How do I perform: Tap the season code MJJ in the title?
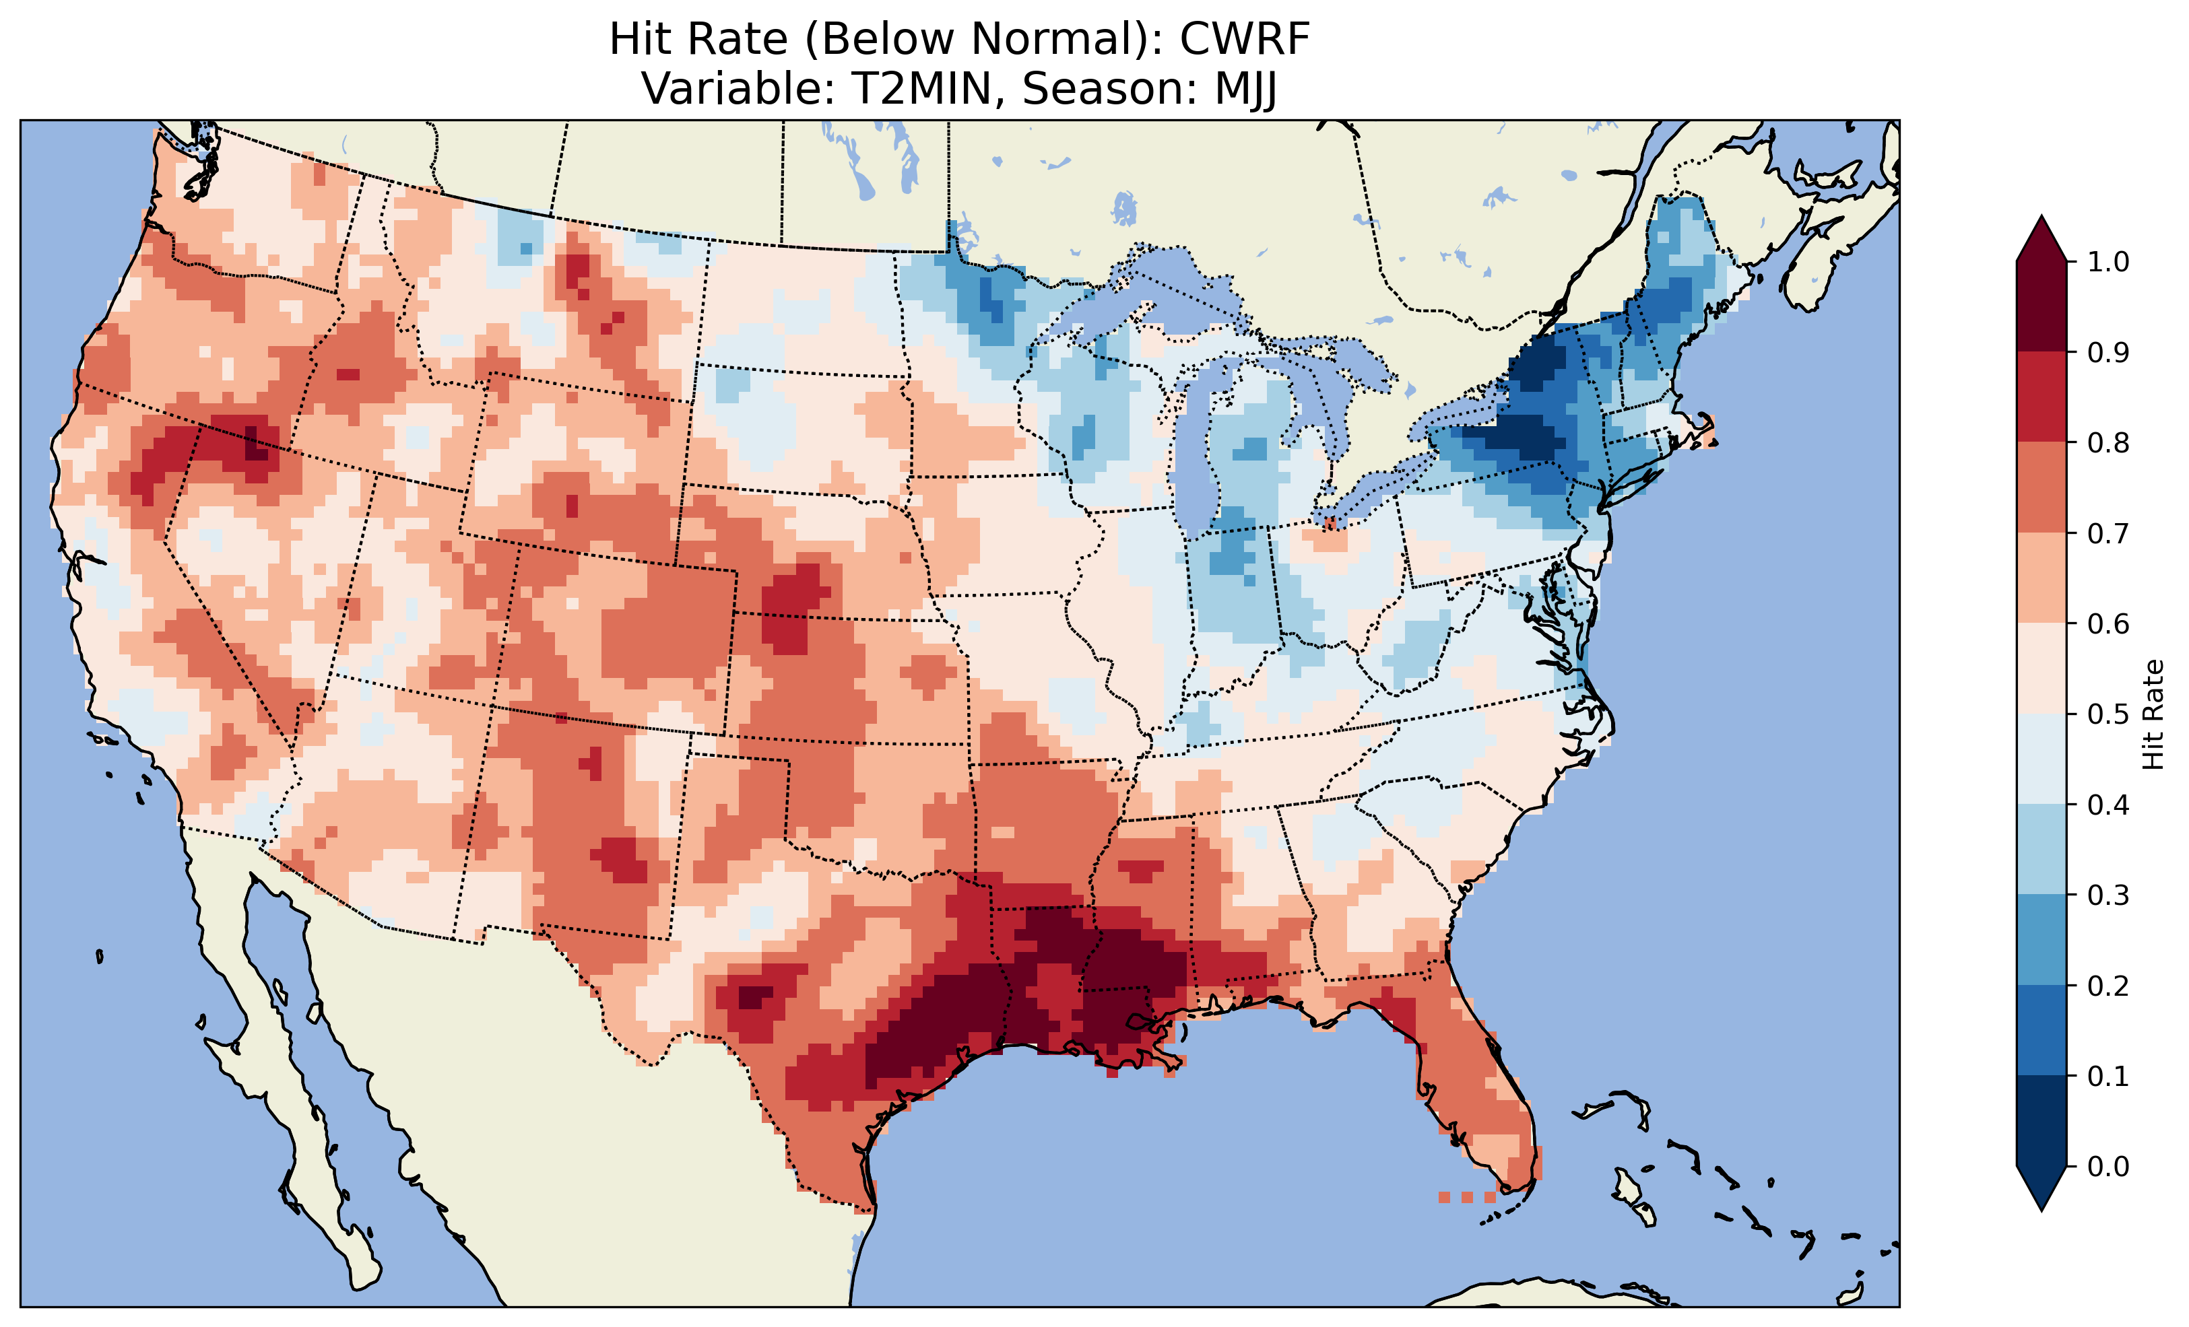coord(1239,90)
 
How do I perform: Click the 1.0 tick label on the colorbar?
coord(2108,262)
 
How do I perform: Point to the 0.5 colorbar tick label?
coord(2108,714)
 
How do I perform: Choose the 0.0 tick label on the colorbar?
coord(2108,1166)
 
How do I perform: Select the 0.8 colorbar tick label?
coord(2108,443)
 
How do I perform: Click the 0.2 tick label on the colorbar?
coord(2108,986)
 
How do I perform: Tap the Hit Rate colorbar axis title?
coord(2152,714)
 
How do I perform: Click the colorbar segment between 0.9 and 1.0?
coord(2041,306)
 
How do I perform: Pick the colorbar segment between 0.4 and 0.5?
coord(2041,759)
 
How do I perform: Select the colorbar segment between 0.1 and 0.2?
coord(2041,1030)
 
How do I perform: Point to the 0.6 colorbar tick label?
coord(2108,623)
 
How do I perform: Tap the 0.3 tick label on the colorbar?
coord(2108,895)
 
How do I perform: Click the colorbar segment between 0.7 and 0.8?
coord(2041,487)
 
